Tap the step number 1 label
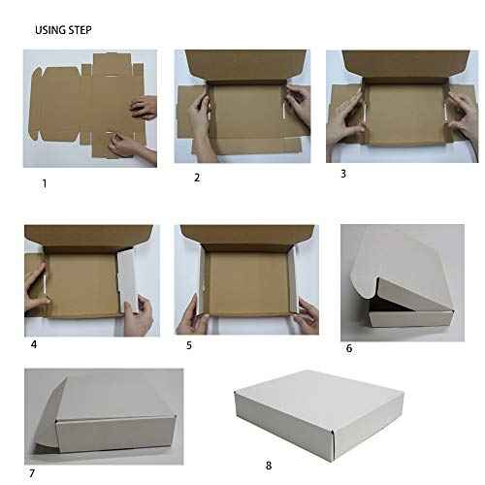(43, 182)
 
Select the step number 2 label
(197, 178)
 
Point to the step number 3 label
(342, 175)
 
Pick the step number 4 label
(33, 343)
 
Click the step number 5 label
(189, 344)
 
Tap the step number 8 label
(269, 465)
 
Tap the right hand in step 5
(306, 315)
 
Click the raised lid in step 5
(247, 238)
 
